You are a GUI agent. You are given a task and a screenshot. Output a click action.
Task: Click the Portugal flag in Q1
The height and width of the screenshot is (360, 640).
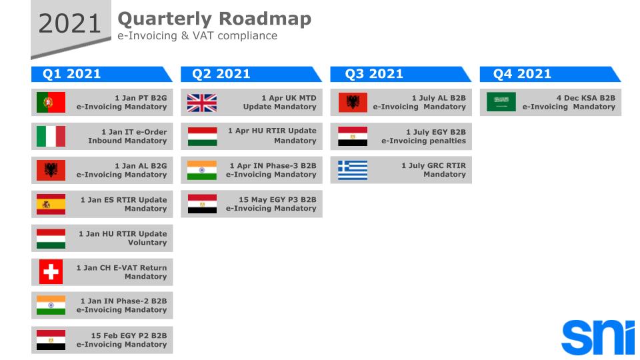51,103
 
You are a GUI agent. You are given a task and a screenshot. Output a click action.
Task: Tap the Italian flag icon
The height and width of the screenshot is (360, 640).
51,136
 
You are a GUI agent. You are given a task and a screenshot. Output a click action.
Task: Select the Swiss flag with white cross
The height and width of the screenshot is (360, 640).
51,272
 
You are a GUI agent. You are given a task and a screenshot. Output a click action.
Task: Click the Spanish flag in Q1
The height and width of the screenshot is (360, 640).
51,204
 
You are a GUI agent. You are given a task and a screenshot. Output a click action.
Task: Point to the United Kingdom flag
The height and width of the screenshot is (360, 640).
202,103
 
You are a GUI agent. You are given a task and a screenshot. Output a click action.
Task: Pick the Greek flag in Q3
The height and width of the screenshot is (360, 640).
353,170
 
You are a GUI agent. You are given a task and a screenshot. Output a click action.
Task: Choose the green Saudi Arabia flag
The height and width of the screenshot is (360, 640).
501,102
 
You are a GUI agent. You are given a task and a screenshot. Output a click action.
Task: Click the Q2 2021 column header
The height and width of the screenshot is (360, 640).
251,74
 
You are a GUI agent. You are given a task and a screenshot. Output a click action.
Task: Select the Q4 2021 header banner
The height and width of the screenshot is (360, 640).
550,74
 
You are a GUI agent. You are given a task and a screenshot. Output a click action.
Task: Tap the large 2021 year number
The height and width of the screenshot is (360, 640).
70,24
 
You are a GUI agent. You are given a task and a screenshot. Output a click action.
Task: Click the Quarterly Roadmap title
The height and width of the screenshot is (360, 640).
214,19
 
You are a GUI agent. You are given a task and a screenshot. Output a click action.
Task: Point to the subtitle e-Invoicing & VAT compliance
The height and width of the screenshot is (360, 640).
197,36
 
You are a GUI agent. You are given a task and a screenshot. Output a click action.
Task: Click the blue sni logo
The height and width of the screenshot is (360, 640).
598,337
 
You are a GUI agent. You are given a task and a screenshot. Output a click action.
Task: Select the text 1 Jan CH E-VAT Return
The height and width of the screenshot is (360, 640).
121,268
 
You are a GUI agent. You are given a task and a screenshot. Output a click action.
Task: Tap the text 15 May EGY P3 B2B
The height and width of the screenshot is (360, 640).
277,199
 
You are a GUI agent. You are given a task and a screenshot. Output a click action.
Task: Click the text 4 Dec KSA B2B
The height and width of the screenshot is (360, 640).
586,98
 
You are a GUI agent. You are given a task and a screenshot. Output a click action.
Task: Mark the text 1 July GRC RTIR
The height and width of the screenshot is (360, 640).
433,166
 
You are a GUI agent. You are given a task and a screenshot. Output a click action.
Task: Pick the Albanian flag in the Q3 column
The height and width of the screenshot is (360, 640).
353,103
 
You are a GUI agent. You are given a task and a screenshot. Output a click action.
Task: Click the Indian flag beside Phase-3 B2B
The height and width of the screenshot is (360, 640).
202,170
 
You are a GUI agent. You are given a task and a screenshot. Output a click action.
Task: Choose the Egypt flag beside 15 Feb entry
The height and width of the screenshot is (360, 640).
51,340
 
